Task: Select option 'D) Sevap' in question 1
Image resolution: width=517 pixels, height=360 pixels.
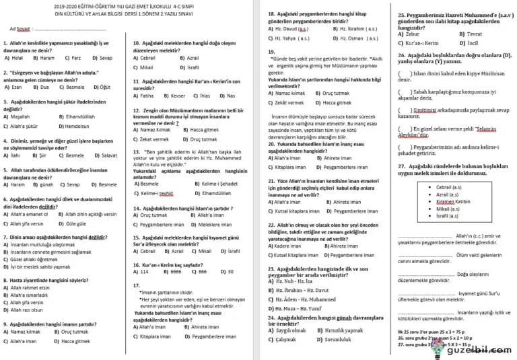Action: tap(102, 59)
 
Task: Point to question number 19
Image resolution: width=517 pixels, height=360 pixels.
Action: tap(271, 51)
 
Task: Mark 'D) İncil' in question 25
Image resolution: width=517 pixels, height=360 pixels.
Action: tap(471, 43)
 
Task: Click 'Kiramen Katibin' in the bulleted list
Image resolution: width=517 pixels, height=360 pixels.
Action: tap(452, 201)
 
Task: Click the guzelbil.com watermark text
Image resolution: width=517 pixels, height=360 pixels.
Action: tap(481, 350)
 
